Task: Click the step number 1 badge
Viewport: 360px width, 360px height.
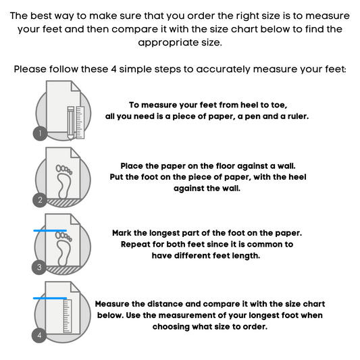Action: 40,133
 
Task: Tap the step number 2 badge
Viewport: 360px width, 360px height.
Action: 40,200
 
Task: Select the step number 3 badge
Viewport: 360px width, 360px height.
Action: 39,267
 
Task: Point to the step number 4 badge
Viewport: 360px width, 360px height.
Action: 39,335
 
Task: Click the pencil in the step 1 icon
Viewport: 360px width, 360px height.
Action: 71,124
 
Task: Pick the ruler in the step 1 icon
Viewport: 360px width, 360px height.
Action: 80,122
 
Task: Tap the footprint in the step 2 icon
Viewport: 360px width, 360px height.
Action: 63,182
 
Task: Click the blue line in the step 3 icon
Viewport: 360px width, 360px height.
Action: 50,230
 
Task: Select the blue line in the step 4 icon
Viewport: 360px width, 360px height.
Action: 50,299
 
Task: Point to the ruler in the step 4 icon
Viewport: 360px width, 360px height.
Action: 68,316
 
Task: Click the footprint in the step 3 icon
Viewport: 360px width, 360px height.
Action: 63,249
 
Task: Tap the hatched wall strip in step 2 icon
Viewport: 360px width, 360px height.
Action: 63,203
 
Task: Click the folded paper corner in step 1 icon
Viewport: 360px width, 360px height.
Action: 76,86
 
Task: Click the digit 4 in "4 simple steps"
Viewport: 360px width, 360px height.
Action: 113,69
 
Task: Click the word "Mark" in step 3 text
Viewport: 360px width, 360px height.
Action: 122,233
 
